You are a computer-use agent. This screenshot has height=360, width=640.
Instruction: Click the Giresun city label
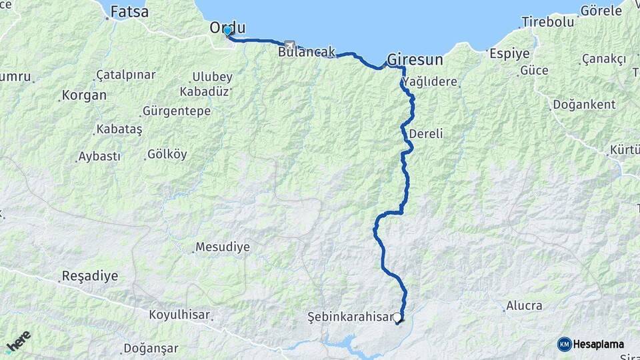click(x=415, y=59)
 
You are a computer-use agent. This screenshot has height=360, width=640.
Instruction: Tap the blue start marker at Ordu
click(x=227, y=31)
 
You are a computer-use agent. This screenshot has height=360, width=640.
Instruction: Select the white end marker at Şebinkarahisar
click(x=397, y=318)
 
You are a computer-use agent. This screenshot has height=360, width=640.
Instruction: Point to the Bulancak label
click(x=307, y=52)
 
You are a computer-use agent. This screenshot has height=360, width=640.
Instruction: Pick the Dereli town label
click(x=426, y=133)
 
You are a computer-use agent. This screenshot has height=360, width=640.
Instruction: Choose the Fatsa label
click(x=129, y=11)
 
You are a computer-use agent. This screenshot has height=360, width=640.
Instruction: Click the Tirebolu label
click(x=548, y=22)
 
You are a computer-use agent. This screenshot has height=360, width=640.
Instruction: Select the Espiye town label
click(x=509, y=53)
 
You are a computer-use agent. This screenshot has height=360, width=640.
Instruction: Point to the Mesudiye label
click(x=223, y=247)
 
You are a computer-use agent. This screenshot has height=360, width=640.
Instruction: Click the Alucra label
click(x=524, y=306)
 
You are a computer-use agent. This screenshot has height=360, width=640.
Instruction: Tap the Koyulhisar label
click(x=179, y=315)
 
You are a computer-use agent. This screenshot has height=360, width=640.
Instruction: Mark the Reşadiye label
click(x=89, y=275)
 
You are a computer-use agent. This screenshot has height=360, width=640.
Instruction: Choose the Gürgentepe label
click(x=177, y=111)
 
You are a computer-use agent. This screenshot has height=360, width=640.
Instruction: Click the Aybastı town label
click(x=99, y=157)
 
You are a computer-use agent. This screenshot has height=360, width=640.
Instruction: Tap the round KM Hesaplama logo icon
click(x=565, y=344)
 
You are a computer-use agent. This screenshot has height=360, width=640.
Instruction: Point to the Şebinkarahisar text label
click(x=351, y=316)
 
